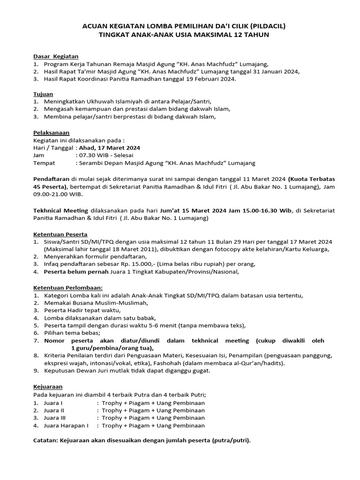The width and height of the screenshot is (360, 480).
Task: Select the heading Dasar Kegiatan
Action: point(56,56)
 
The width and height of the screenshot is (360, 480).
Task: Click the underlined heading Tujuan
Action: point(43,94)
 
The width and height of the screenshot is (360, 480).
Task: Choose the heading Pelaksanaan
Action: point(52,132)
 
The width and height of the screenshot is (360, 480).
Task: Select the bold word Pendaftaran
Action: point(52,179)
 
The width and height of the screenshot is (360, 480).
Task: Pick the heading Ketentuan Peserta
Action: point(60,233)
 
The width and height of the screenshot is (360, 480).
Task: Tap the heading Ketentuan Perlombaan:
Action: point(67,287)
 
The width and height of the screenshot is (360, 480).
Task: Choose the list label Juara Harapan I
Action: point(67,426)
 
